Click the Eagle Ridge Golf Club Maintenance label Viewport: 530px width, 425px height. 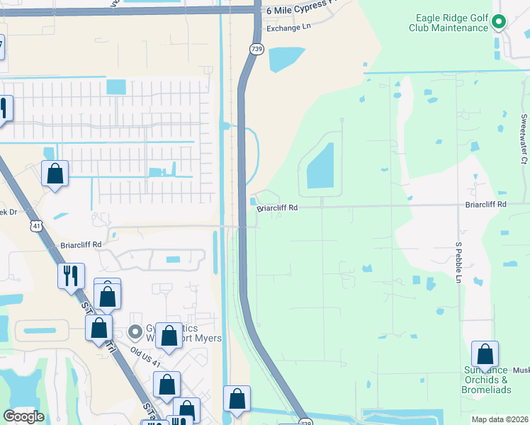(449, 23)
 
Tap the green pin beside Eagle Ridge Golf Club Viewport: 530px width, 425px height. (499, 23)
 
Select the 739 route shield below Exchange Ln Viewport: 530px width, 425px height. (256, 48)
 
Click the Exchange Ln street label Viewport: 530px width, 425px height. (288, 29)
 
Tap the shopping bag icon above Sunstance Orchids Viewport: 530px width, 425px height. (485, 353)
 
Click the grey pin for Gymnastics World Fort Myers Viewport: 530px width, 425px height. (135, 331)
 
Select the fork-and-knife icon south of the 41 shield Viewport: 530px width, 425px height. (71, 275)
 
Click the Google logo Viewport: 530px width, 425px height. (23, 416)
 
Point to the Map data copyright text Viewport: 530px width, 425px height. (500, 419)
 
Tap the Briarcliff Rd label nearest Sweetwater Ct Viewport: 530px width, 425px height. (485, 204)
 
